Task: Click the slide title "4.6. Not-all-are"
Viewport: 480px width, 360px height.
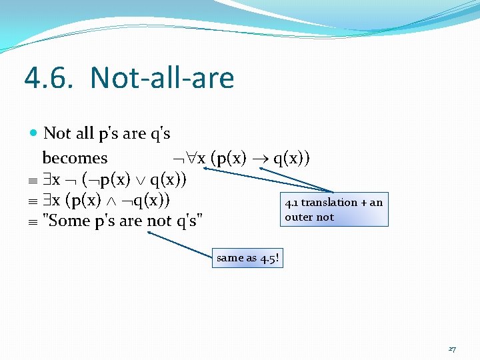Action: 129,78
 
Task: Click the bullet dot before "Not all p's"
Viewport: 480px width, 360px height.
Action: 35,133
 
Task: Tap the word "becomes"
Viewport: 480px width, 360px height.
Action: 75,158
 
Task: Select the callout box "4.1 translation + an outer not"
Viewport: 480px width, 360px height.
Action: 333,209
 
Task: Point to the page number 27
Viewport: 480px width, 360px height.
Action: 452,349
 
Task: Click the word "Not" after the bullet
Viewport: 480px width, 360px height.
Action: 57,133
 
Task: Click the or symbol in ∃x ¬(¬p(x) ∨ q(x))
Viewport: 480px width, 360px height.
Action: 141,179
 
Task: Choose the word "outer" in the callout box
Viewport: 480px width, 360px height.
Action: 299,217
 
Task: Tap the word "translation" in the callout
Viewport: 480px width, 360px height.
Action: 329,202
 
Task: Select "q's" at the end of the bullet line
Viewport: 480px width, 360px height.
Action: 159,133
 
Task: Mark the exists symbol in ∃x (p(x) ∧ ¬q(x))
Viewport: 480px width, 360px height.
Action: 47,200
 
